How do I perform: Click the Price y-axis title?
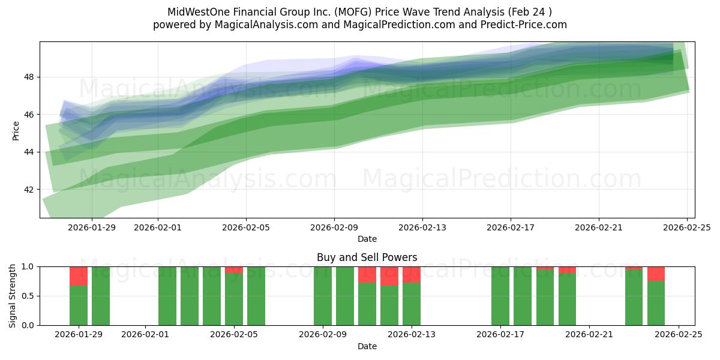tap(16, 130)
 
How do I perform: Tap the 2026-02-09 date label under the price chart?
tap(334, 227)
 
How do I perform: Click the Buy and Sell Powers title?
tap(367, 257)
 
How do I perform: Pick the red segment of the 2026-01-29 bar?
tap(79, 276)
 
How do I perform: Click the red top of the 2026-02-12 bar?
tap(389, 276)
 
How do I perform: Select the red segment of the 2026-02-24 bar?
tap(656, 274)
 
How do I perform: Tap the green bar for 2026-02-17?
tap(500, 296)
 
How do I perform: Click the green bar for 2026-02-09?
tap(323, 296)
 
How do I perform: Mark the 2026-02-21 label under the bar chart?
tap(589, 335)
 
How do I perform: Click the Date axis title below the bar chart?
tap(367, 346)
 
